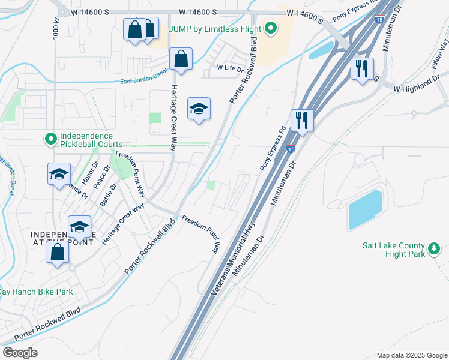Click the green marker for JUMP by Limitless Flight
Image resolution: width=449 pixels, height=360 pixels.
271,28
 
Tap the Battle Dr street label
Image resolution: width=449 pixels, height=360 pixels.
107,196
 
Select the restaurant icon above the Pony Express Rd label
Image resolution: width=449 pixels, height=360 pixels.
302,120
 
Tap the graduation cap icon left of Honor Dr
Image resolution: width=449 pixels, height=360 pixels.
59,174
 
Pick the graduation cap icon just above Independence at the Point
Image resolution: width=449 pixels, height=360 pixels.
79,227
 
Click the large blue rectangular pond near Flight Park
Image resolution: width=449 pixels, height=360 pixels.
365,210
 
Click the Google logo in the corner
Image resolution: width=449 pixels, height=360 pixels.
20,353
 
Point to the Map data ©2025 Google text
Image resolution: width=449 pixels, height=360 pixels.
412,355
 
